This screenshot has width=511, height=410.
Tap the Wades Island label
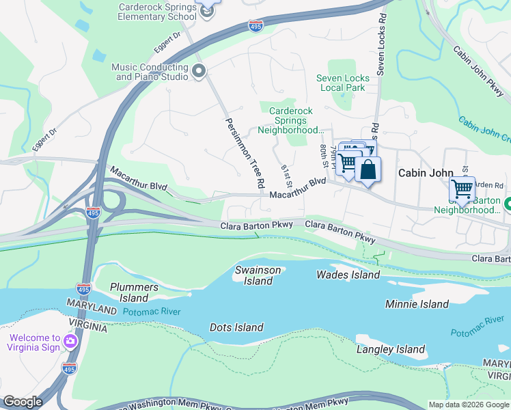click(348, 275)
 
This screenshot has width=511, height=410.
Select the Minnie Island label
click(417, 304)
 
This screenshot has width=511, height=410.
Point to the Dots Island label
click(236, 327)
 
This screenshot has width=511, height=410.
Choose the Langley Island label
click(391, 349)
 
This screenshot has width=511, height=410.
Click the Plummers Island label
click(134, 292)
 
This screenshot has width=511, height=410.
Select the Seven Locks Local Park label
click(342, 83)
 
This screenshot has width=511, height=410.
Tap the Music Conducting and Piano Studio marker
click(199, 71)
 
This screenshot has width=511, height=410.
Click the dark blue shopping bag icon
click(368, 169)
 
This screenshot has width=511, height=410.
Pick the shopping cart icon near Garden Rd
click(462, 189)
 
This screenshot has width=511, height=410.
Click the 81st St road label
click(288, 176)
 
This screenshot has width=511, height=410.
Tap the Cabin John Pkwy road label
click(478, 68)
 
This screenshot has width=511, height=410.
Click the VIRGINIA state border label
click(87, 328)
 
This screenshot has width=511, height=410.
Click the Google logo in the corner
click(22, 402)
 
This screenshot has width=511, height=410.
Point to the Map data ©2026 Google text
click(468, 405)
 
